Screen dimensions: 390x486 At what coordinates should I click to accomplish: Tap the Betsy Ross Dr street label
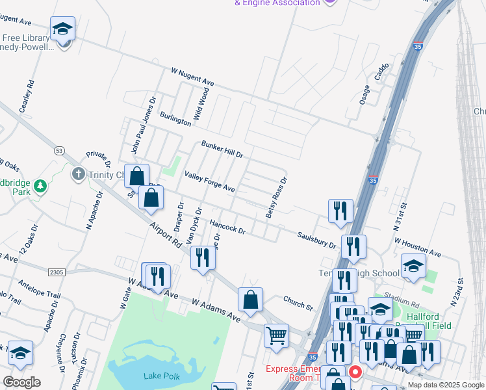point(275,198)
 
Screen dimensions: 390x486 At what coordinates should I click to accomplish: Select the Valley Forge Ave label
point(209,181)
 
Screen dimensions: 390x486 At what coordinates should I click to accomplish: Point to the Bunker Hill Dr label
point(222,149)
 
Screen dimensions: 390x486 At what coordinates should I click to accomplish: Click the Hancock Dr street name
point(227,227)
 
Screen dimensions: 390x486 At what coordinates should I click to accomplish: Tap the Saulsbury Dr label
point(316,240)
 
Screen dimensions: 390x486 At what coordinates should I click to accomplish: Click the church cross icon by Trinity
point(79,174)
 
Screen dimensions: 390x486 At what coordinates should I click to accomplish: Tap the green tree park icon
point(41,187)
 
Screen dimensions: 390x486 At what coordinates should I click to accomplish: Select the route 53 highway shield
point(59,151)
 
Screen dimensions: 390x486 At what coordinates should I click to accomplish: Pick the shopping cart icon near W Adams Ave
point(276,335)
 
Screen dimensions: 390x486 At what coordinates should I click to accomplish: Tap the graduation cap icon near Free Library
point(63,29)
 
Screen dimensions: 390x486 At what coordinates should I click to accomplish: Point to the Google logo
point(21,382)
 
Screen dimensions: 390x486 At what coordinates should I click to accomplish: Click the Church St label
point(298,302)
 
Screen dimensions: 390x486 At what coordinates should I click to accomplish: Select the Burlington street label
point(176,117)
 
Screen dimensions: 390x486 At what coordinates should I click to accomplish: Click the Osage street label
point(365,94)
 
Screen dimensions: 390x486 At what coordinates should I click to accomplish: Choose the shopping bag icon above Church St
point(250,300)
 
